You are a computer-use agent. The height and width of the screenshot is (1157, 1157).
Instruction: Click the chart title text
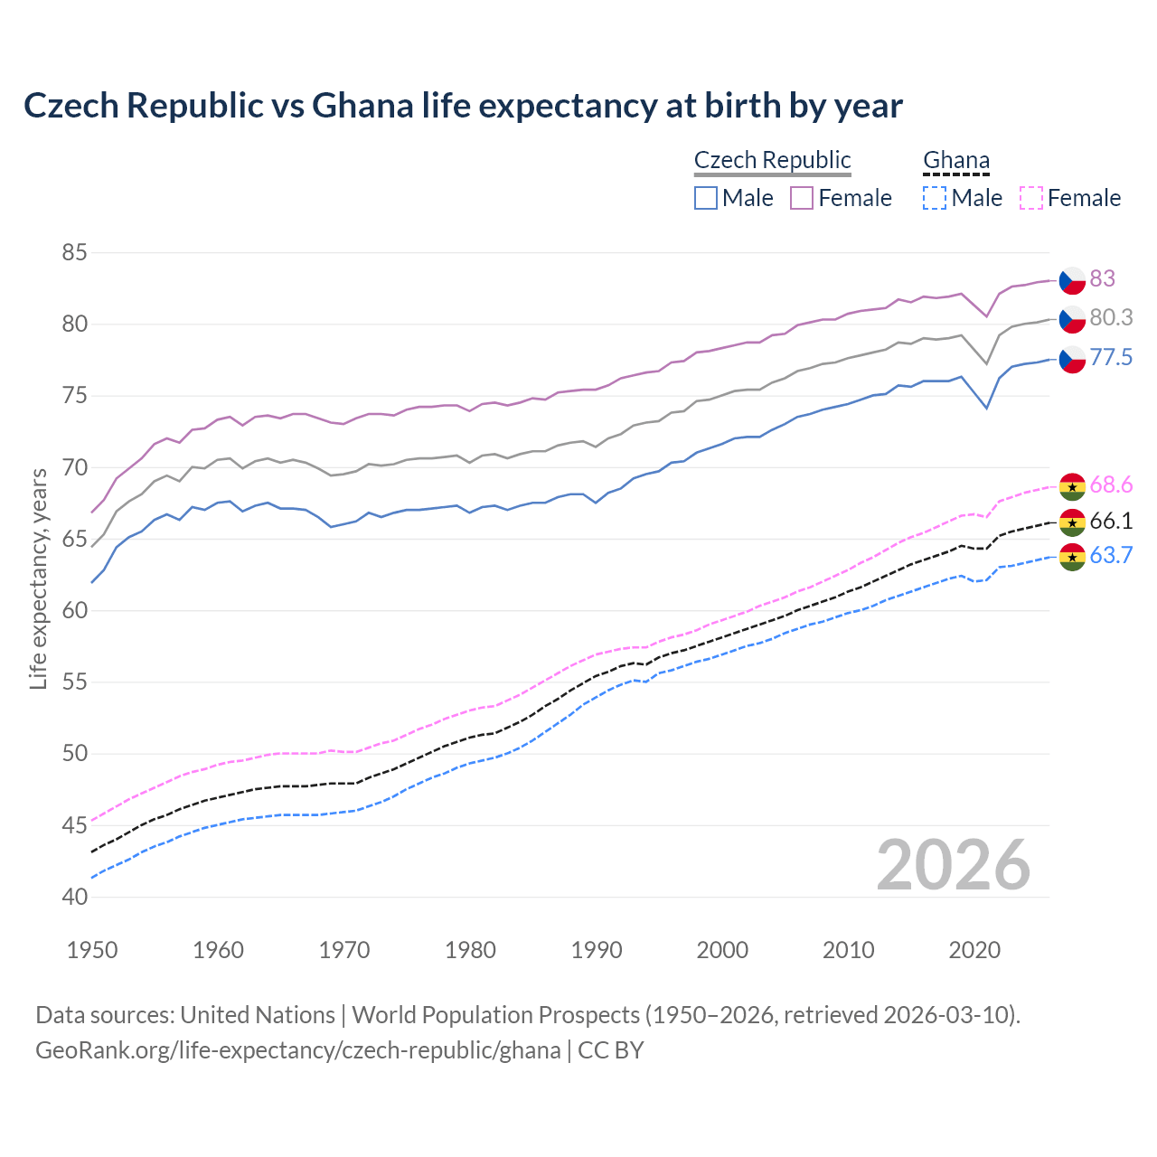[463, 106]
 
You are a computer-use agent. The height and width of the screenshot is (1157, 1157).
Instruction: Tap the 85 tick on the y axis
[74, 253]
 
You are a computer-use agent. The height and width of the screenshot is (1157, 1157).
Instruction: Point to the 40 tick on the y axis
[74, 897]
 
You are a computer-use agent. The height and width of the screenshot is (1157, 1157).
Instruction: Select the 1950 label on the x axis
[92, 950]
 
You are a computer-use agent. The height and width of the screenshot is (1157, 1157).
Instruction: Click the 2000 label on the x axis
[722, 950]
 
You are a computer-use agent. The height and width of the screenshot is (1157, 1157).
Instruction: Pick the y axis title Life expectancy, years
[39, 578]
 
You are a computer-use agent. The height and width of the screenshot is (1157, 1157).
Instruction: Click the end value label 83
[1102, 278]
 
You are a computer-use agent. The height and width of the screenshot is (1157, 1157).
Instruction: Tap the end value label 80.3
[1111, 318]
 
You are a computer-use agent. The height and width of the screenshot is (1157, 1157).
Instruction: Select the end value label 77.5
[1111, 358]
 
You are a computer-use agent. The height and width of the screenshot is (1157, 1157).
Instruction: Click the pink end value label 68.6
[1111, 485]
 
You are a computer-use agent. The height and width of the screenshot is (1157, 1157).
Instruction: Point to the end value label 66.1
[1111, 522]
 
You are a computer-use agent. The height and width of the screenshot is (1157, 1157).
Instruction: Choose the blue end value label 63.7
[1111, 556]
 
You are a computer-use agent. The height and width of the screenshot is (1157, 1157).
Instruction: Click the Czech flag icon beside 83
[1072, 280]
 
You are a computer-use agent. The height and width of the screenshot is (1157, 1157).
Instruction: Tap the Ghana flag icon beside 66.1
[1072, 522]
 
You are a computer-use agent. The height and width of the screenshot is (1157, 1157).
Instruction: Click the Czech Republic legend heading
[772, 160]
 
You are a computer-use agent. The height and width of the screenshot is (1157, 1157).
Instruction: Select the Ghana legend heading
[955, 160]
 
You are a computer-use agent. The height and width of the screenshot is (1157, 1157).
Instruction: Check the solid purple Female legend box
[802, 198]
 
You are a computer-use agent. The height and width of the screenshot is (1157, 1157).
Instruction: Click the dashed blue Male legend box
[935, 198]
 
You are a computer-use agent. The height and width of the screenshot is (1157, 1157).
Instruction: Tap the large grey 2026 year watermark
[953, 865]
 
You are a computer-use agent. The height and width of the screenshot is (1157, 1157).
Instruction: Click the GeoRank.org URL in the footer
[297, 1050]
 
